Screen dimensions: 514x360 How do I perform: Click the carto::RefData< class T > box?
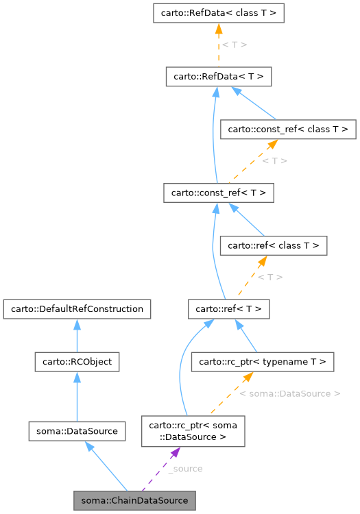(x=217, y=13)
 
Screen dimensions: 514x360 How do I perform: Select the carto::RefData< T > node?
(x=218, y=77)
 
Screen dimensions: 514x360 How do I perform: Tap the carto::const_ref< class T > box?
(x=287, y=128)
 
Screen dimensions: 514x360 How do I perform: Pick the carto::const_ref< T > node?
(x=218, y=193)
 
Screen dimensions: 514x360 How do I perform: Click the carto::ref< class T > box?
(x=274, y=245)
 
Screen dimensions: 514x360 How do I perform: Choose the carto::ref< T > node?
(x=228, y=309)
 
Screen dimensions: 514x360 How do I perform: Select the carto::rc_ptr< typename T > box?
(x=263, y=361)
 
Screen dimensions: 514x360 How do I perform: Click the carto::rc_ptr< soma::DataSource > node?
(x=193, y=430)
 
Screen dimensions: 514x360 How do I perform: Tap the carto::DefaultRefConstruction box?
(x=77, y=309)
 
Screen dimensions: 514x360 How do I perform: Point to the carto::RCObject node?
(x=77, y=361)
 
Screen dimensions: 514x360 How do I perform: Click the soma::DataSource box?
(x=77, y=431)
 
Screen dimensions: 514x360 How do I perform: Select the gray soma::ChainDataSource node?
(x=134, y=500)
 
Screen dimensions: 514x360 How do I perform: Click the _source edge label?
(x=185, y=469)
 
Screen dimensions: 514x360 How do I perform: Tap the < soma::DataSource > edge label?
(x=290, y=394)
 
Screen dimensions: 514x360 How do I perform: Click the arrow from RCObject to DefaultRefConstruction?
(x=77, y=335)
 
